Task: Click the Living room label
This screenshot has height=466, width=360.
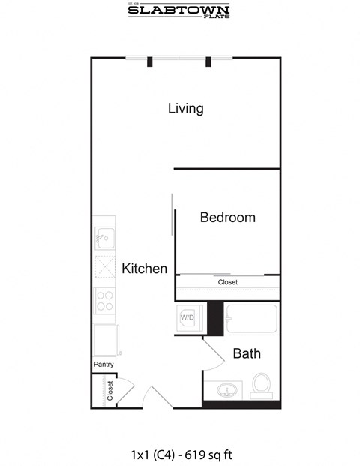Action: [x=185, y=108]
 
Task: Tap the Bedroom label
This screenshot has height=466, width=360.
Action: [x=227, y=218]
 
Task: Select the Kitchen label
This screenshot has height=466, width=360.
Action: [x=144, y=268]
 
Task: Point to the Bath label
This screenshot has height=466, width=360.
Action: [x=246, y=353]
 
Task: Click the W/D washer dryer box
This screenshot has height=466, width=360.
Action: [x=188, y=317]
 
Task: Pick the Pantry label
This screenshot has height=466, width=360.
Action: [x=103, y=365]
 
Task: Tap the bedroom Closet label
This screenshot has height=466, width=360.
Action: [x=227, y=282]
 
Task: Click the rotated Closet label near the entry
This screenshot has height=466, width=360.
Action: [x=110, y=391]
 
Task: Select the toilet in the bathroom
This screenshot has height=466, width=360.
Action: [x=262, y=385]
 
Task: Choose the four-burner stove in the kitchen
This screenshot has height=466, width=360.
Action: [x=105, y=302]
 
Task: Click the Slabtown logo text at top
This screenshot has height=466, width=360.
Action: [x=178, y=11]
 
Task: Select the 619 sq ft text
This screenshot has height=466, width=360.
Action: [x=217, y=453]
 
